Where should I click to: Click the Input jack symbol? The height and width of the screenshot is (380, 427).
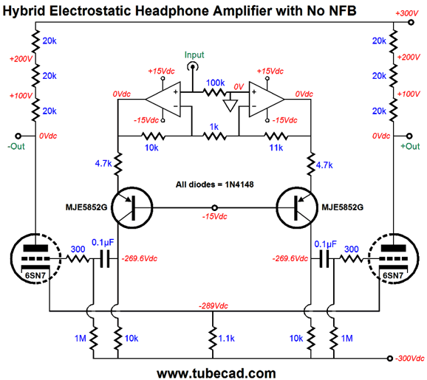[193, 66]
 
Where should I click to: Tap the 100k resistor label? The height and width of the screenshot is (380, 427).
[215, 83]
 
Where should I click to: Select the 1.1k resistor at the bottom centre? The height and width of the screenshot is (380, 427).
[213, 338]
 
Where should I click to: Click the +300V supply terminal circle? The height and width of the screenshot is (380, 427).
[411, 22]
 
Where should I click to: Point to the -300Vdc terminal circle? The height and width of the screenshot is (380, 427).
[389, 359]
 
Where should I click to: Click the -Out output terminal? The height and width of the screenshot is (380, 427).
[18, 136]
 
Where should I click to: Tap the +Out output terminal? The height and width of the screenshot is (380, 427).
[409, 136]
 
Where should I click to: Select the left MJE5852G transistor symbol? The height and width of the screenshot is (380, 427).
[131, 208]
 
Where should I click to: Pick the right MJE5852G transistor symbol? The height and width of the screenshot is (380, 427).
[297, 208]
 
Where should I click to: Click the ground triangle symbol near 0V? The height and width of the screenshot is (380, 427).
[230, 106]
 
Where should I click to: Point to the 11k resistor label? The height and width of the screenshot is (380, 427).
[276, 148]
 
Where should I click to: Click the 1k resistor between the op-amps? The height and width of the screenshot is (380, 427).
[214, 136]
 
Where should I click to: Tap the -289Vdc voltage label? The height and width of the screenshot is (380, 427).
[213, 305]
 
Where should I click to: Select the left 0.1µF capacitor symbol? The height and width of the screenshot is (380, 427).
[105, 259]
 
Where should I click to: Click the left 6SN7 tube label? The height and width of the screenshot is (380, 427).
[35, 275]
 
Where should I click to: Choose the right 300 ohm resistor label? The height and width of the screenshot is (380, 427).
[352, 249]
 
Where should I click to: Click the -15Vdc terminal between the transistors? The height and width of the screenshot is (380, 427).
[214, 208]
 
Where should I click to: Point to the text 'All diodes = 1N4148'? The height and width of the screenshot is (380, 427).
[214, 184]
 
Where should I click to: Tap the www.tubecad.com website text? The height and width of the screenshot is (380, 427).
[216, 373]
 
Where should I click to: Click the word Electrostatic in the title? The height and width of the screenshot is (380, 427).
[91, 11]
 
